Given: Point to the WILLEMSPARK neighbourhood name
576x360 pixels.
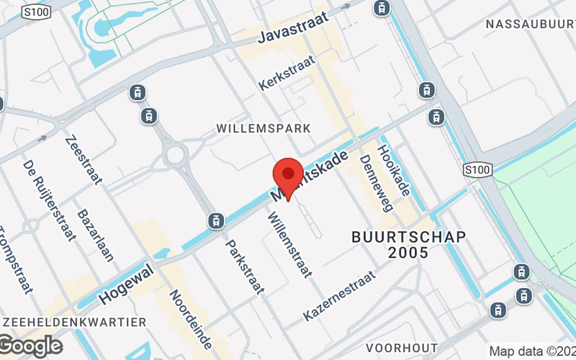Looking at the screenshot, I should pos(264,128).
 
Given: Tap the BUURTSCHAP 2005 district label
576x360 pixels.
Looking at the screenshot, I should pos(408,244).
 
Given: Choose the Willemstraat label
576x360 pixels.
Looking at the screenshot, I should pos(289,245).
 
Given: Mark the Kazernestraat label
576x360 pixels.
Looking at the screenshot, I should pos(340,296).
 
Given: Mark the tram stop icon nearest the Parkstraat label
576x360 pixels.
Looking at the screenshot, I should pos(214,220).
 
